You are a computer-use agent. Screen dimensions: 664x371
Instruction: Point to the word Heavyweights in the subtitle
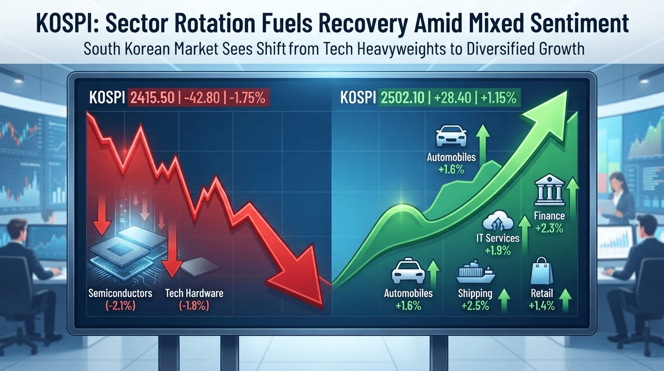click(x=401, y=49)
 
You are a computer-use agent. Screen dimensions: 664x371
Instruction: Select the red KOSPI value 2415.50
click(x=152, y=98)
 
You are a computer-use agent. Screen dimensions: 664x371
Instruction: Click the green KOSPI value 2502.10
click(x=402, y=98)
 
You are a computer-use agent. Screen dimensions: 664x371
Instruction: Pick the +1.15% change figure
click(x=498, y=98)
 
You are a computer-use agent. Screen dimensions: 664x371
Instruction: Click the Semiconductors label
click(x=120, y=293)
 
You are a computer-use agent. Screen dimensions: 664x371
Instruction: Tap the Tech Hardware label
click(x=194, y=293)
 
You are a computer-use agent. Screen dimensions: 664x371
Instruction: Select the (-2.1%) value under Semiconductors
click(x=120, y=305)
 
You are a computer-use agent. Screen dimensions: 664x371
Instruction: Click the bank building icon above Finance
click(x=549, y=190)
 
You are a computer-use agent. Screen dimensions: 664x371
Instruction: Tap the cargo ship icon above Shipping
click(x=475, y=272)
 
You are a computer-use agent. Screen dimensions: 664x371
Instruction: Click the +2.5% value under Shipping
click(x=475, y=305)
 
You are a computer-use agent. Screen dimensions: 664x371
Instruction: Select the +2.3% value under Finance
click(x=549, y=228)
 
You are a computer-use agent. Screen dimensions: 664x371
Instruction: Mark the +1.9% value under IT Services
click(x=498, y=251)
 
